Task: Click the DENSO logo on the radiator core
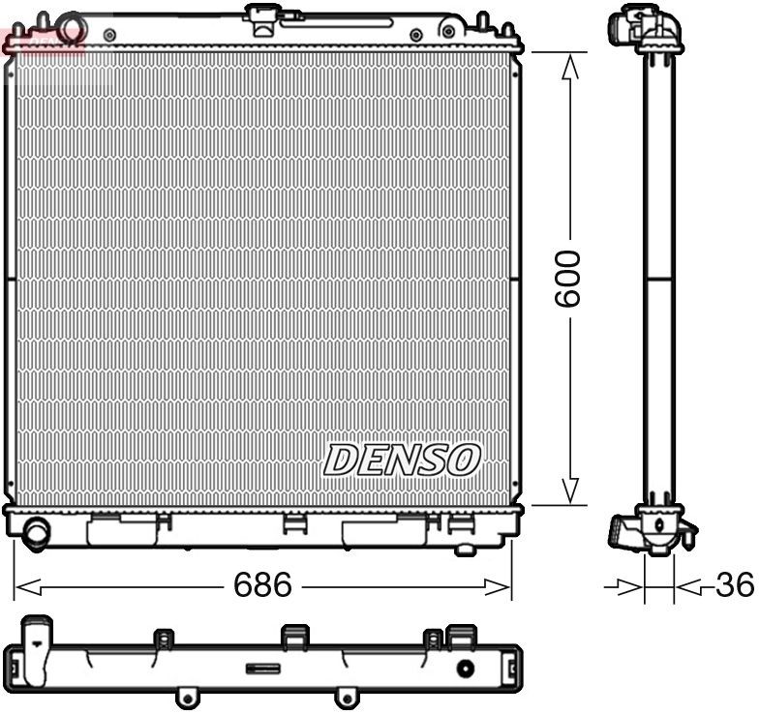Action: (x=401, y=461)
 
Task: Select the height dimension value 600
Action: (x=568, y=279)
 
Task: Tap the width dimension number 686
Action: (x=262, y=585)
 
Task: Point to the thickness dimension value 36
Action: (x=734, y=584)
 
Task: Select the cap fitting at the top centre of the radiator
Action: (x=262, y=16)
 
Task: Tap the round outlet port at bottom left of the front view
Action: (x=38, y=531)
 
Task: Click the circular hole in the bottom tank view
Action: (x=466, y=669)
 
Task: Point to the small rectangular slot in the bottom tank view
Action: (x=263, y=668)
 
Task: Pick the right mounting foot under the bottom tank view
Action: (x=343, y=696)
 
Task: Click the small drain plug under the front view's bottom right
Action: (x=466, y=550)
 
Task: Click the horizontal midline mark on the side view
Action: (x=659, y=280)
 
